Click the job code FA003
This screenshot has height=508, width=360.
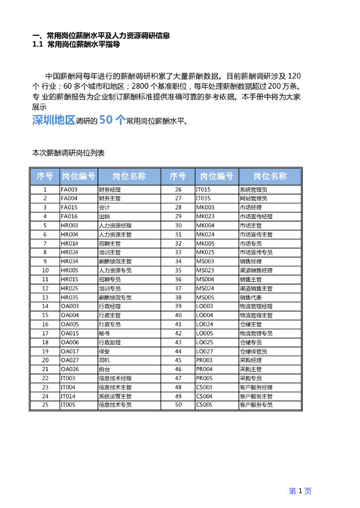coord(69,190)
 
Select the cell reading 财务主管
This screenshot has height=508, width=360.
coord(110,198)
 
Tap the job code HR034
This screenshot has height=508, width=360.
coord(69,261)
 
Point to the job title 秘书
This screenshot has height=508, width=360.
coord(104,333)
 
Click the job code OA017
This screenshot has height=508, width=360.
coord(70,351)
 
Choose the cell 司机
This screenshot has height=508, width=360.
coord(104,360)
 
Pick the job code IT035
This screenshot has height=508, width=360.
coord(203,198)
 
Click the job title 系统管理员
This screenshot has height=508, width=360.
coord(253,190)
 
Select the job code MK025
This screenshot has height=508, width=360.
coord(205,253)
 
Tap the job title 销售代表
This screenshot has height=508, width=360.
coord(250,297)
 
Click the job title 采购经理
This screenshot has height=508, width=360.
coord(250,360)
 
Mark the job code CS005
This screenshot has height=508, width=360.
coord(204,405)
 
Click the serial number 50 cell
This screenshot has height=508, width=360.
coord(178,405)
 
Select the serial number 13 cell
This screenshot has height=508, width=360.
coord(45,297)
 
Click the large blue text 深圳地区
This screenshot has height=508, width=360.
coord(54,121)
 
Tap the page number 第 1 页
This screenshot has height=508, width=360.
coord(300,491)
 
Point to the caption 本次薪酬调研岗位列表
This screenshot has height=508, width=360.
coord(69,153)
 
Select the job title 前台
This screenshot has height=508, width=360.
coord(104,369)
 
